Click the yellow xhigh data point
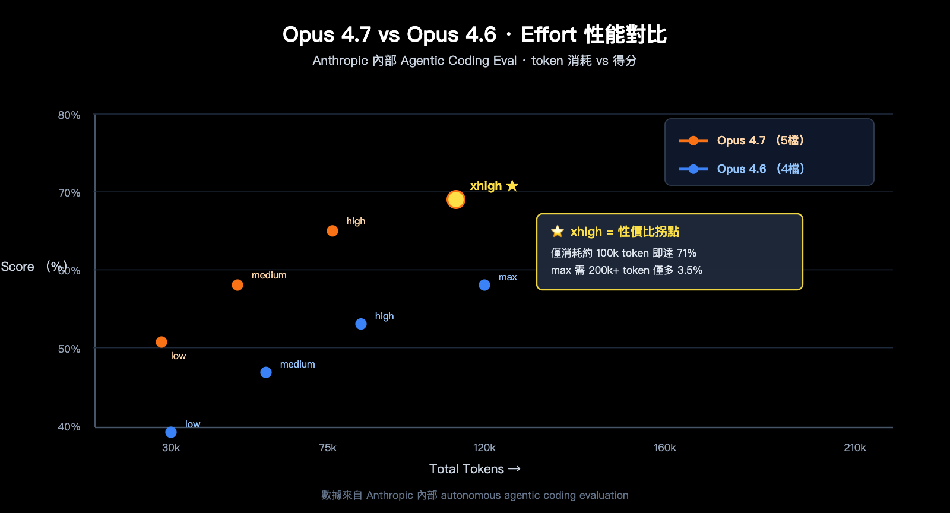click(x=455, y=199)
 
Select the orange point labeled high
click(x=332, y=231)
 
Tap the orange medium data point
click(x=237, y=285)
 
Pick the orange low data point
click(x=161, y=342)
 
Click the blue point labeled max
click(x=484, y=285)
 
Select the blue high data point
click(x=361, y=324)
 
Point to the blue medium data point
click(x=266, y=372)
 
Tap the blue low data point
click(x=171, y=432)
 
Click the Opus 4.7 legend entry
click(x=741, y=141)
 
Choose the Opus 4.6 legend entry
click(x=742, y=169)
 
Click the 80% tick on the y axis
click(x=69, y=115)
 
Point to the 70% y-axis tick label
click(x=69, y=193)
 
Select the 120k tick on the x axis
click(x=484, y=448)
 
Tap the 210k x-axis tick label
click(x=854, y=448)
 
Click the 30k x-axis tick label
click(x=171, y=448)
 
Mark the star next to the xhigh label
click(x=512, y=186)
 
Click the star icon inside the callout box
click(x=557, y=232)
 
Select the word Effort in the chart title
click(x=548, y=34)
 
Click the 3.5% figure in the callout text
click(x=690, y=270)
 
